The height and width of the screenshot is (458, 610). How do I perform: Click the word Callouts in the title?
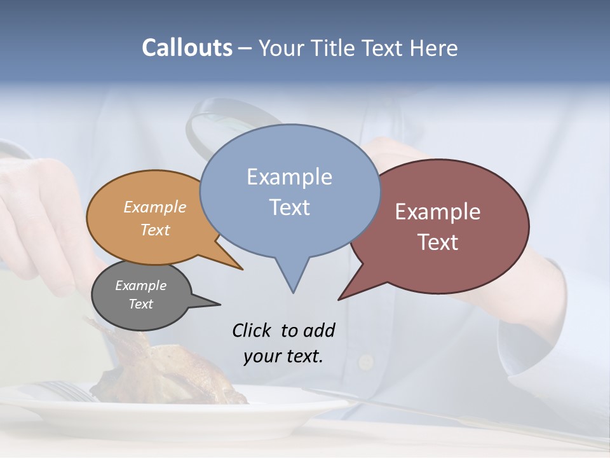[187, 48]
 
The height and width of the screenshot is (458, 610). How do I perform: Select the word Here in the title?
[433, 48]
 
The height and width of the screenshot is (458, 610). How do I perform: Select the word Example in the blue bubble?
[289, 177]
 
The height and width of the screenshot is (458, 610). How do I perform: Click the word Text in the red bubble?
[438, 242]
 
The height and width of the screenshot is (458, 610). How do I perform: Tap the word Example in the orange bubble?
[155, 207]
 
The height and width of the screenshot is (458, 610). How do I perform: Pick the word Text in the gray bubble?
[141, 304]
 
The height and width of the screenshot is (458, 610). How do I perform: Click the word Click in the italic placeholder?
[252, 330]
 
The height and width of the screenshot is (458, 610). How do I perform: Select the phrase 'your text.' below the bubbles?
[283, 356]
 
